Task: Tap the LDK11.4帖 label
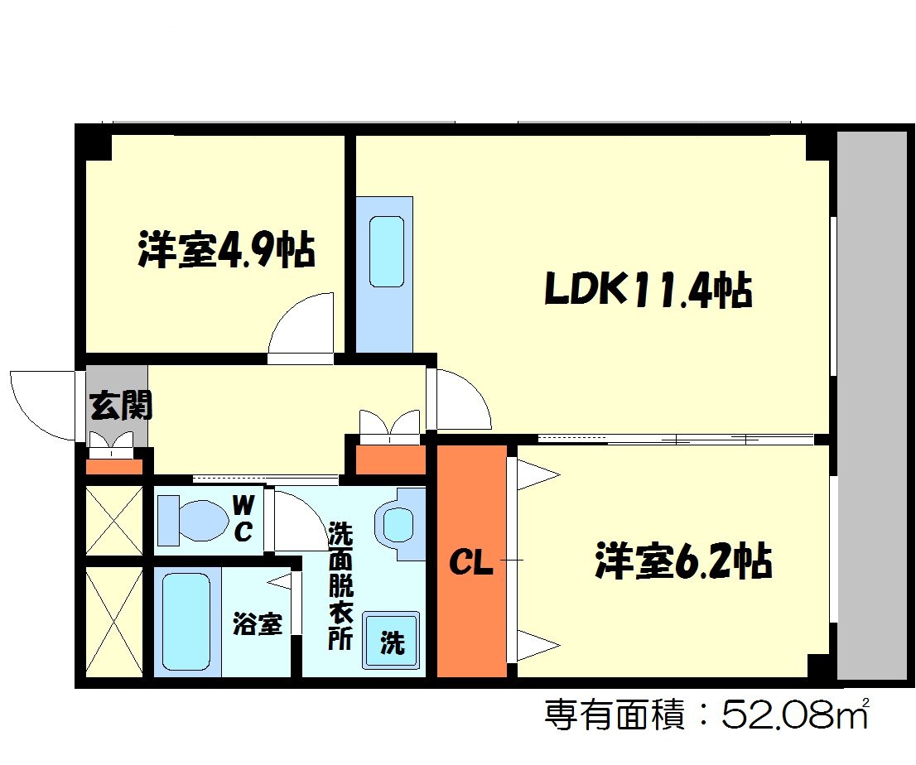pyautogui.click(x=648, y=291)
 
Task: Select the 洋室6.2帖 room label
pyautogui.click(x=683, y=562)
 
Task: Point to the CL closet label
pyautogui.click(x=470, y=565)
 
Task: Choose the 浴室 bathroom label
pyautogui.click(x=257, y=623)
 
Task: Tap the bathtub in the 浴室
pyautogui.click(x=186, y=622)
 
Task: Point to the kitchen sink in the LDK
pyautogui.click(x=386, y=252)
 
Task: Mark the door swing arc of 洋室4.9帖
pyautogui.click(x=300, y=325)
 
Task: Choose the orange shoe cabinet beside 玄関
pyautogui.click(x=114, y=466)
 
